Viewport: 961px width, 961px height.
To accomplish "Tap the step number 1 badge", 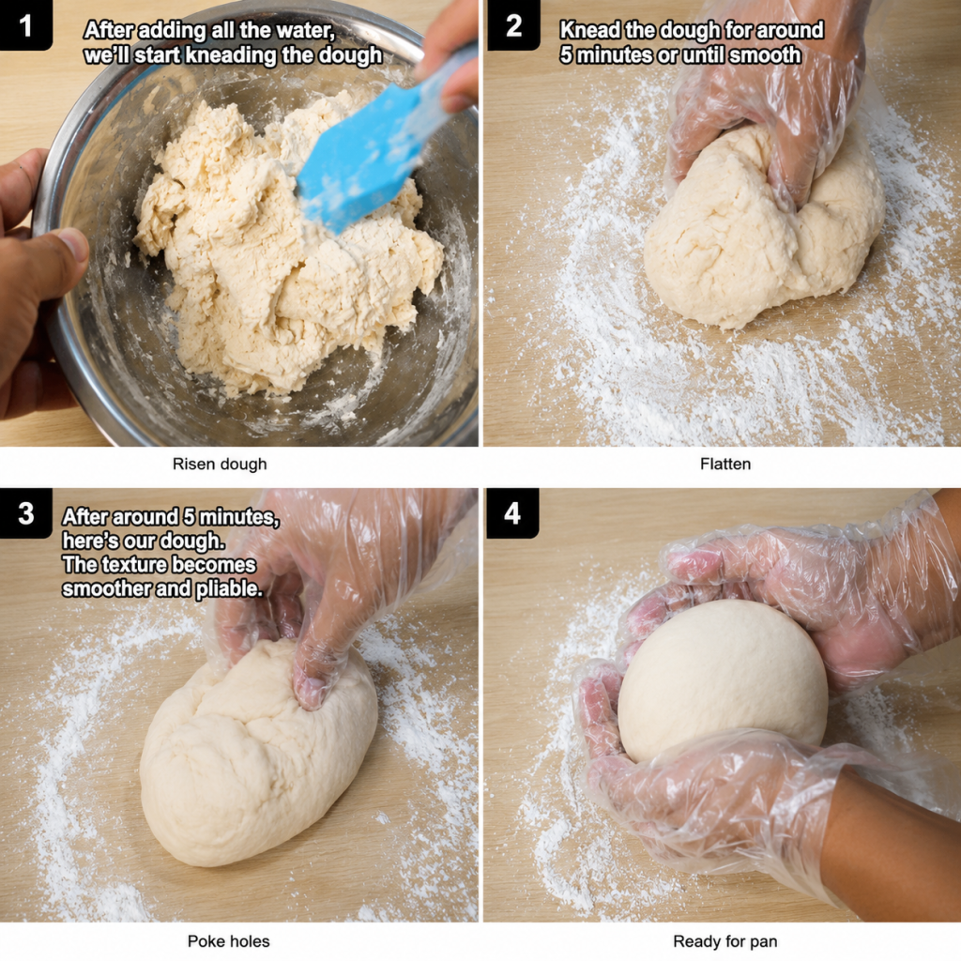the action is [x=25, y=25].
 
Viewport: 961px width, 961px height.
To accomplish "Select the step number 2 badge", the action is [x=513, y=25].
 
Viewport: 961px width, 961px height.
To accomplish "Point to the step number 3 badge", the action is [x=25, y=513].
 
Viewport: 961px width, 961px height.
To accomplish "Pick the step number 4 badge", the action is [x=512, y=513].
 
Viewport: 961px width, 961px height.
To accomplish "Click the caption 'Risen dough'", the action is [x=220, y=464].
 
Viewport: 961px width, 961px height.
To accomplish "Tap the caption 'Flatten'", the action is [x=725, y=464].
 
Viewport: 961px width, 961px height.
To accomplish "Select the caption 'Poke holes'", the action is [x=229, y=940].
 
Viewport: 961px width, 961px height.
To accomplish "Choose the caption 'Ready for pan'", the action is [x=725, y=940].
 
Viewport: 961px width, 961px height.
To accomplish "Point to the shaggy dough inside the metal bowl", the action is [x=276, y=245].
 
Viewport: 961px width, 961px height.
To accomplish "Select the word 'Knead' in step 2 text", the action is [x=589, y=30].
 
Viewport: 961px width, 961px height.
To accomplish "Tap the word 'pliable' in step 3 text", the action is [x=228, y=589].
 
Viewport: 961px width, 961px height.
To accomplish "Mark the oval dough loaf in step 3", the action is [x=257, y=754].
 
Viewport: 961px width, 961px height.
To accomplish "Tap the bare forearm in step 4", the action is [x=889, y=852].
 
